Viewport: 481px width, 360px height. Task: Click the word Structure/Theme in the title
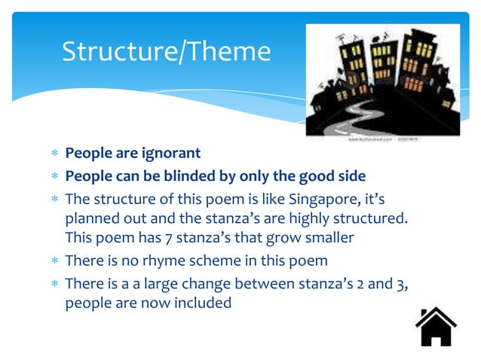point(166,51)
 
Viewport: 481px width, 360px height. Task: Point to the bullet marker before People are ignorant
point(54,154)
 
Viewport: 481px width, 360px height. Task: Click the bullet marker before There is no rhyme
point(54,261)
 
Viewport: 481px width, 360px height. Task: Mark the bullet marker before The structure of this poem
point(54,200)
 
